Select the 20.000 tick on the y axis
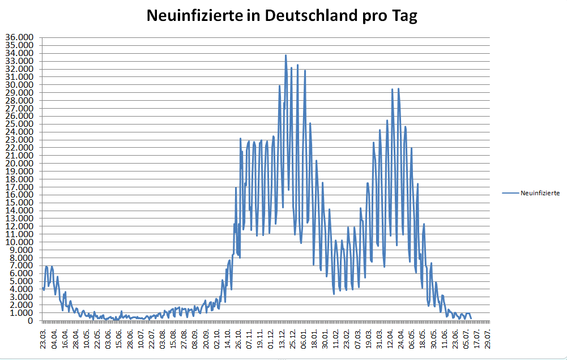[19, 164]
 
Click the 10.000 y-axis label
[19, 242]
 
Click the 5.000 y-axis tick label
[22, 281]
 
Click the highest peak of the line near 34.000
[286, 55]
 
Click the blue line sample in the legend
[510, 193]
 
